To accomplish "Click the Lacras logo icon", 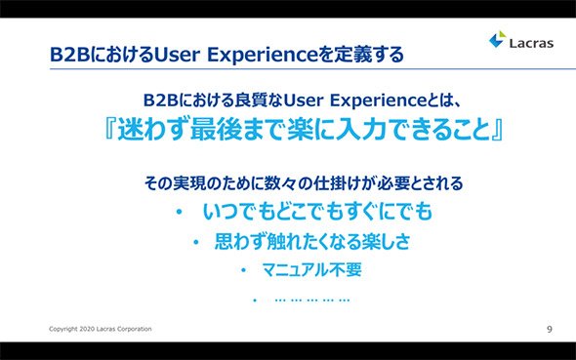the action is pos(497,39).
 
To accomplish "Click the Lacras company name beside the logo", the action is pos(531,43).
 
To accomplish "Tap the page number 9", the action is pos(550,329).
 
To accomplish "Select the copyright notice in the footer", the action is pos(101,329).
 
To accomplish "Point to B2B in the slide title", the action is pos(69,55).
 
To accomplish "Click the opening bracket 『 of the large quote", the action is pos(110,129).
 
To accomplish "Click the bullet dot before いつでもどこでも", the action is pos(180,212).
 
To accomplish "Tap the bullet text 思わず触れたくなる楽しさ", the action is pos(311,242).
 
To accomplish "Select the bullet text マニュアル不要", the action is pos(311,270).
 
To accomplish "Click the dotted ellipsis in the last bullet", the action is pos(312,300).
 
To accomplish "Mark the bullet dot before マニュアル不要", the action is pos(243,270).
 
